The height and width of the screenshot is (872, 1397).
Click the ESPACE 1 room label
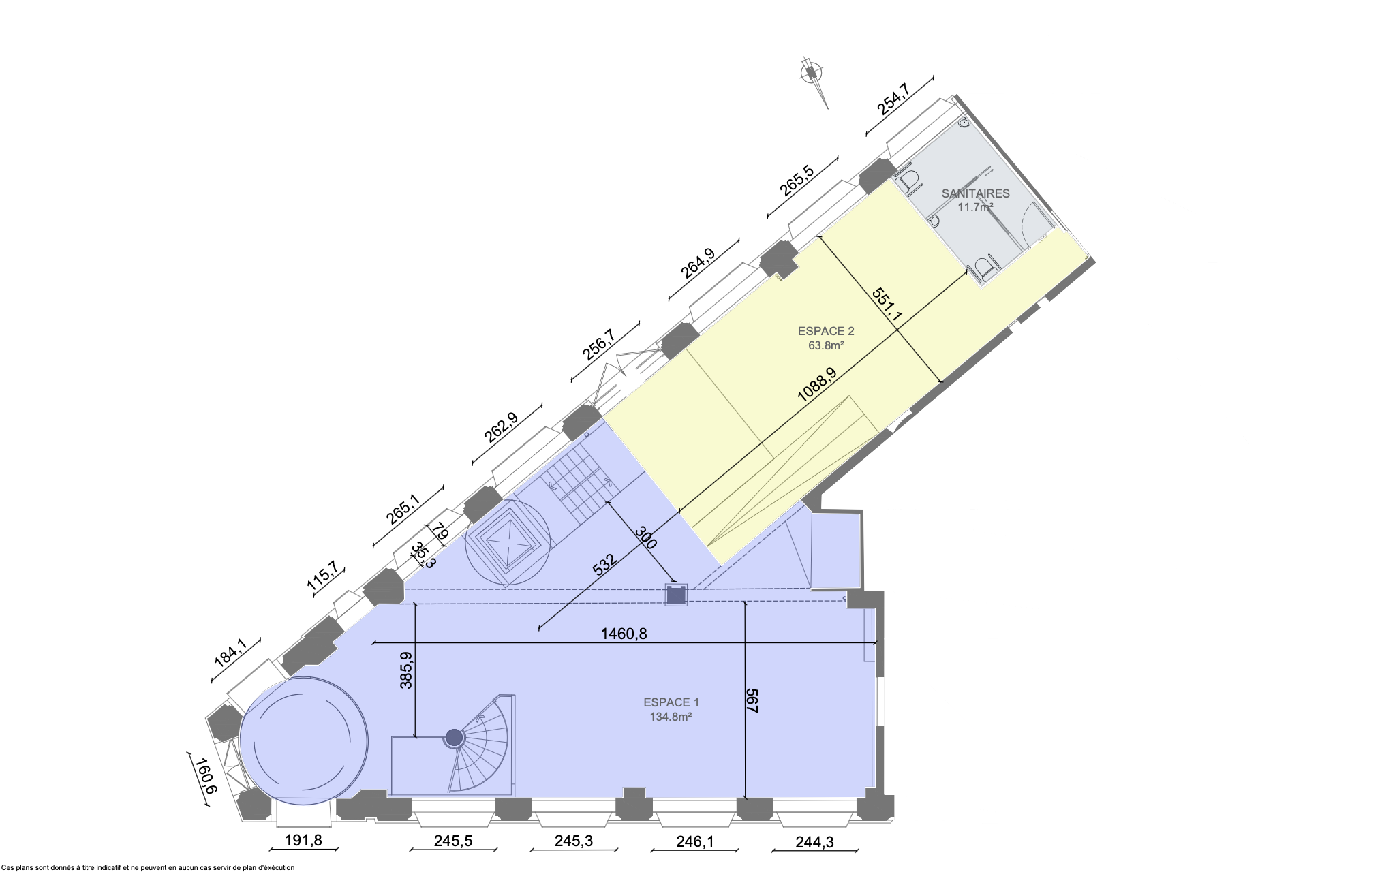(x=671, y=702)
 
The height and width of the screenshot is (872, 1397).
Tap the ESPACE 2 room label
(x=826, y=331)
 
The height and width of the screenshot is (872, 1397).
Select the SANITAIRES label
(x=976, y=193)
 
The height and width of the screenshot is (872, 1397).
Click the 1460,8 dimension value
(x=624, y=634)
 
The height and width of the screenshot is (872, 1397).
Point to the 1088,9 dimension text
(x=816, y=386)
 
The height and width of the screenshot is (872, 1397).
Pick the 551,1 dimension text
(x=887, y=304)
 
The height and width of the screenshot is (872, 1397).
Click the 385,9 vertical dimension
(x=406, y=670)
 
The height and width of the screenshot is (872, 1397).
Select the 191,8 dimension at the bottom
(x=303, y=840)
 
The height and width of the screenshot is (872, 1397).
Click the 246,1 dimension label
(x=695, y=842)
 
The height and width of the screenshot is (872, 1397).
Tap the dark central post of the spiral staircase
(x=454, y=736)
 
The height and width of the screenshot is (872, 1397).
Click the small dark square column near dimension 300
(x=675, y=595)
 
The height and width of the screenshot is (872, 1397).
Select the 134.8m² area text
(x=671, y=717)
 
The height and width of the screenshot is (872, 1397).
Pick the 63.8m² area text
(x=826, y=345)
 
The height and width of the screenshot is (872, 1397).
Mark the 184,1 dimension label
(x=230, y=652)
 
